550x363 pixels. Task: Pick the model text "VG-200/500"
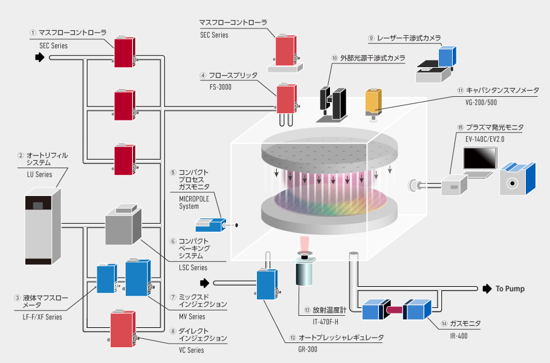[x=475, y=102]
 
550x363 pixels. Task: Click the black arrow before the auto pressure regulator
[x=205, y=282]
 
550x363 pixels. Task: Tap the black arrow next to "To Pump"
[x=485, y=289]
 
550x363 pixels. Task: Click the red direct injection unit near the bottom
[x=123, y=329]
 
